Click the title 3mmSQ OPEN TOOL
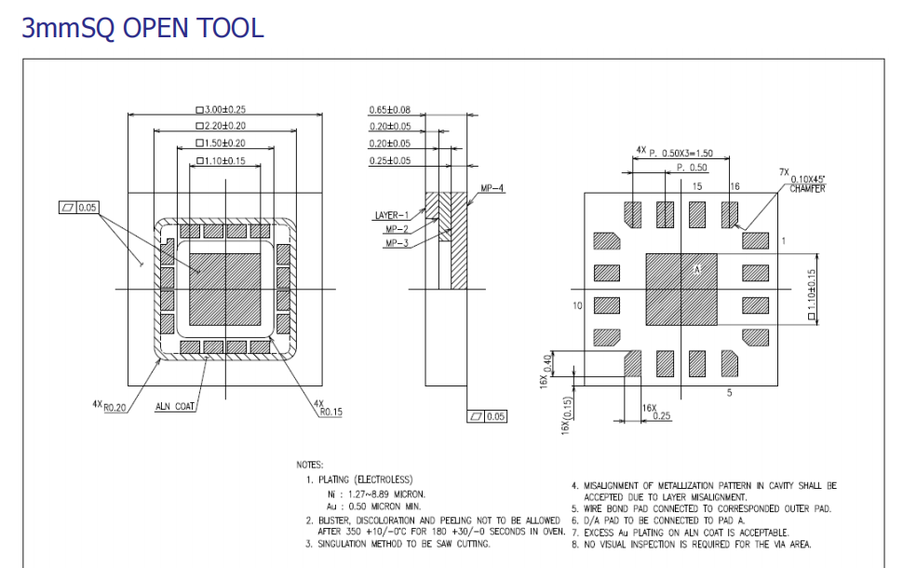[142, 28]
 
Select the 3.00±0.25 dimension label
[224, 110]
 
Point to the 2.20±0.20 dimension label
[224, 126]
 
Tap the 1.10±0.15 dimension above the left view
[224, 160]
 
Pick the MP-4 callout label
[492, 188]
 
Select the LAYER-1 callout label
[392, 215]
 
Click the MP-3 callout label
[398, 243]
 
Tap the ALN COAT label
[174, 407]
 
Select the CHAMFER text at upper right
[807, 189]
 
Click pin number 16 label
[735, 186]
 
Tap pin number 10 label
[577, 305]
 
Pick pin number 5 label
[729, 393]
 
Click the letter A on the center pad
[695, 268]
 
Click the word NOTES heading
[310, 464]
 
